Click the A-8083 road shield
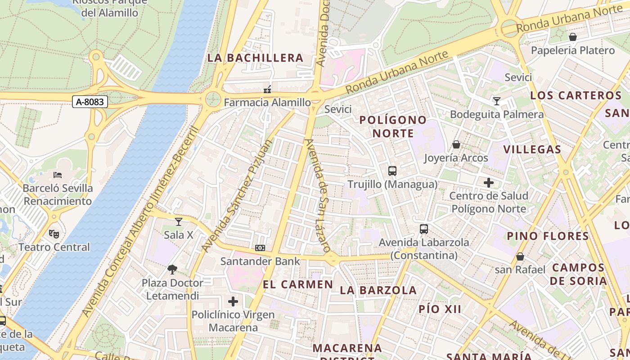pos(90,102)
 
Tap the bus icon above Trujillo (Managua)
pos(392,171)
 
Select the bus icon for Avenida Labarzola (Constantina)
pos(424,229)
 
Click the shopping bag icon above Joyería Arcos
pos(456,144)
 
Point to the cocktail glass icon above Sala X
pos(179,221)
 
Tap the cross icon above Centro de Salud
pos(489,183)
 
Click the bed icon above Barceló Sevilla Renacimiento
pos(58,175)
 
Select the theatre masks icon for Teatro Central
pos(54,234)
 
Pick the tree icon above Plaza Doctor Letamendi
pos(172,270)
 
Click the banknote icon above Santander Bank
pos(260,248)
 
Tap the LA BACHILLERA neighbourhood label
pos(255,58)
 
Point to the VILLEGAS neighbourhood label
pos(532,150)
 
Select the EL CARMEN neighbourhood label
pos(298,284)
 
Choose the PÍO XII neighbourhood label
pos(440,309)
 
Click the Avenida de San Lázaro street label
pos(318,195)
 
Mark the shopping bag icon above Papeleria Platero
pos(573,37)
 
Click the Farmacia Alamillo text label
pos(267,103)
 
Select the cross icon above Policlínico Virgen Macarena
pos(233,301)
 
